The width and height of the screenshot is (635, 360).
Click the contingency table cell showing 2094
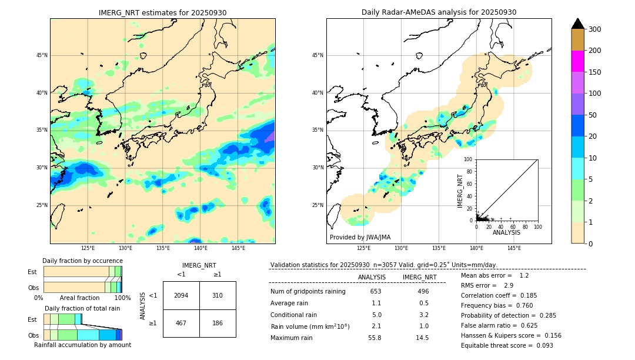[181, 295]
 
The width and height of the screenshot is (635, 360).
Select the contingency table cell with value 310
[218, 295]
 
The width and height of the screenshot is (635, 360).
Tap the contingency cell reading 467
[181, 323]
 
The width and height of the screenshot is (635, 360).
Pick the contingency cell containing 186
[218, 323]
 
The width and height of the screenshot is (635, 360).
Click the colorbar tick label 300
[595, 29]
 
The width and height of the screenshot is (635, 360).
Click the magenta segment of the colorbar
[577, 61]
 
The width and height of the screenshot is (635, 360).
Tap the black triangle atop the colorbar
[577, 24]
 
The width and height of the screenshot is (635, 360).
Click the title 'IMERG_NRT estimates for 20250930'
[162, 13]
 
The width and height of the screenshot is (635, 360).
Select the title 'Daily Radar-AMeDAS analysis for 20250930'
[439, 13]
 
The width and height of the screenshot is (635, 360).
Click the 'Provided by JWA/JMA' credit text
[360, 237]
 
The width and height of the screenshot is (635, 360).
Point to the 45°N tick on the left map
[42, 55]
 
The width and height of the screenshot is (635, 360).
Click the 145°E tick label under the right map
[514, 248]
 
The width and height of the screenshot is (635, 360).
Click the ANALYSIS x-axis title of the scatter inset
[506, 232]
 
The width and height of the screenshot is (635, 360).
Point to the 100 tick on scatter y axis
[469, 159]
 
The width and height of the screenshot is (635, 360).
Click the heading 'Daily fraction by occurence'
[82, 261]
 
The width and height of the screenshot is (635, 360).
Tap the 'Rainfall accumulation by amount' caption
[82, 345]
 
